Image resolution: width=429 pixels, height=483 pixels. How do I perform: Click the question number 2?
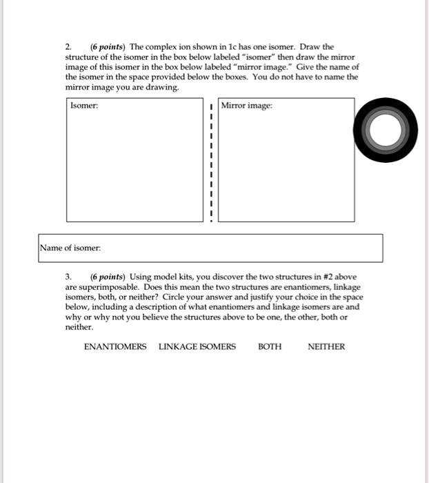click(68, 47)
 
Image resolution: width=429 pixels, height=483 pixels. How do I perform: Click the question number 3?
click(68, 277)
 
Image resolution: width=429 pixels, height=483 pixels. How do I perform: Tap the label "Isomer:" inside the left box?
click(84, 106)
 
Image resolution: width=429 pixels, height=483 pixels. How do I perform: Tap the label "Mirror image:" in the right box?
click(248, 106)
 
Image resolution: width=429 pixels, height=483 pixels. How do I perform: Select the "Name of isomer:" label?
click(70, 247)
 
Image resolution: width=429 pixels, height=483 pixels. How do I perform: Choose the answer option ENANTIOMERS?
click(115, 346)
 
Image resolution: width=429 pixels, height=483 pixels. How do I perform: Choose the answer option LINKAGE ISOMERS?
click(197, 346)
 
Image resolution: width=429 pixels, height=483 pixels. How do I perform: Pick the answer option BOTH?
click(270, 346)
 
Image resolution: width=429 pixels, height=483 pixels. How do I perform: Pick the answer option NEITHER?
click(326, 346)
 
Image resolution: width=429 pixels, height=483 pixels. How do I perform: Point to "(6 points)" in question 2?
click(106, 47)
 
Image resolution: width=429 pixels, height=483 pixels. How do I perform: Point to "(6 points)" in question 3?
click(106, 277)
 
